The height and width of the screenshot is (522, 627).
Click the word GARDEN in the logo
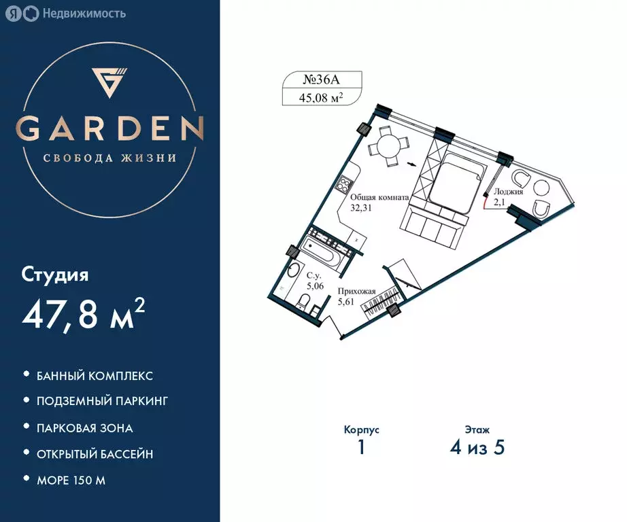(110, 128)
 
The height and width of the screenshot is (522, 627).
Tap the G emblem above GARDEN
(110, 82)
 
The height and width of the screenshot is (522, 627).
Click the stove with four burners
(345, 184)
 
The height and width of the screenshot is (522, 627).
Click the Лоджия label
(509, 192)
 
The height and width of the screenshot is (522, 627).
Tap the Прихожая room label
(356, 291)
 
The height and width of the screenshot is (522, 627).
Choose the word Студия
(55, 275)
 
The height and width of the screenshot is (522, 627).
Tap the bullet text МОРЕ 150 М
(71, 481)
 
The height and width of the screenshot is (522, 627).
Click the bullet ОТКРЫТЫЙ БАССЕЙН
(95, 454)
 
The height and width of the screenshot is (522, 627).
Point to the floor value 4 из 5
(475, 448)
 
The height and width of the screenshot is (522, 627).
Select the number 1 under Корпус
(361, 448)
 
